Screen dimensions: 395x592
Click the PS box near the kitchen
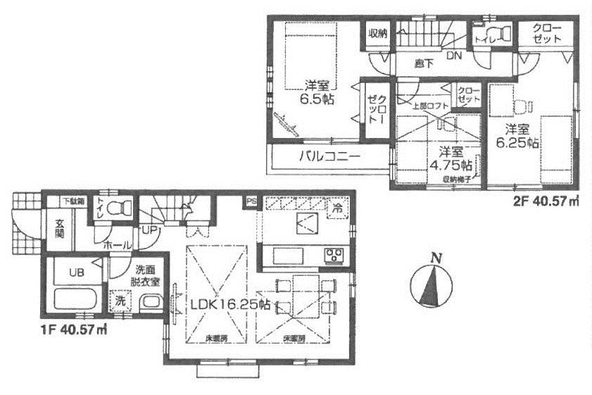coord(251,203)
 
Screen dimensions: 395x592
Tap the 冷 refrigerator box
coord(338,208)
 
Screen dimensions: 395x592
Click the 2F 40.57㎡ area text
coord(546,202)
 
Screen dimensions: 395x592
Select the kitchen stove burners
coord(332,255)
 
